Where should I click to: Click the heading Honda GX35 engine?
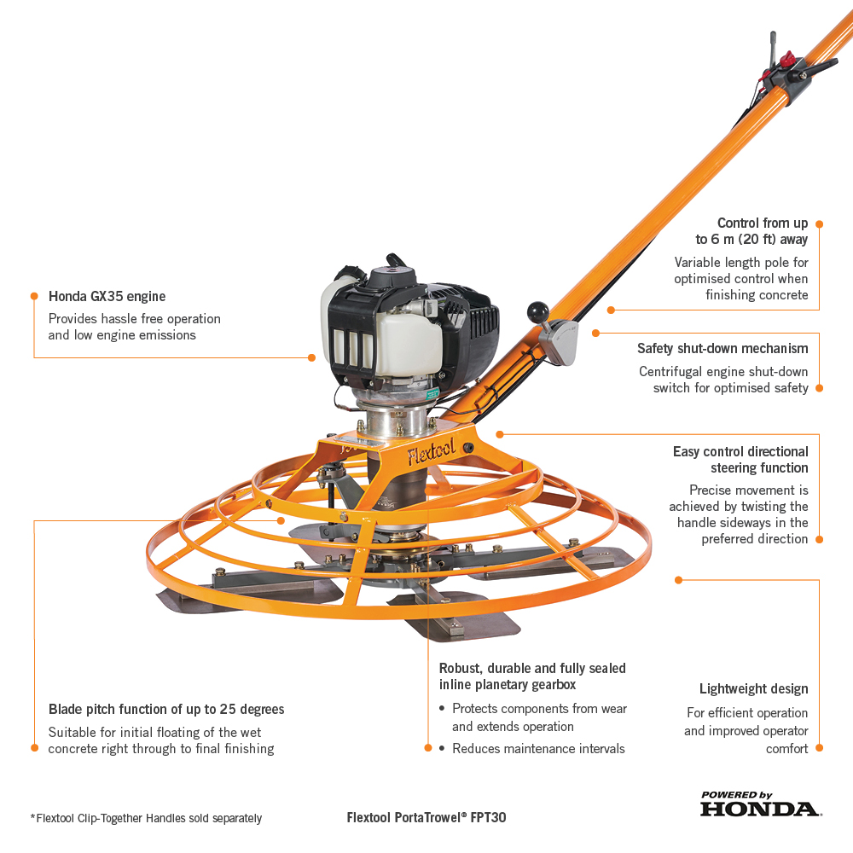click(x=107, y=297)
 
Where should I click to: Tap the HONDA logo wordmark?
click(x=761, y=809)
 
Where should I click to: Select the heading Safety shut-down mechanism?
click(x=722, y=348)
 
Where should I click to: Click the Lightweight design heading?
click(x=753, y=688)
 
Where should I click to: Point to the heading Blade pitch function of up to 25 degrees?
click(x=166, y=710)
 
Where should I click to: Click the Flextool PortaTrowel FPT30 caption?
click(x=426, y=817)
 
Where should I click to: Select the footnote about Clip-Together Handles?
click(x=147, y=818)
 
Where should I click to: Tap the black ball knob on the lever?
click(x=538, y=312)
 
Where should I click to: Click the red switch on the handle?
click(x=786, y=59)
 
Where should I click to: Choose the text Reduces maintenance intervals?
click(x=538, y=749)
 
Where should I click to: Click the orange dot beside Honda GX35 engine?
click(x=34, y=296)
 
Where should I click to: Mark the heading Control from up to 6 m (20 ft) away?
click(x=751, y=231)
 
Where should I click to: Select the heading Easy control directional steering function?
click(x=740, y=460)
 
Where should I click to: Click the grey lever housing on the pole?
click(x=558, y=342)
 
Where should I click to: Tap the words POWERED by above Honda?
click(x=737, y=795)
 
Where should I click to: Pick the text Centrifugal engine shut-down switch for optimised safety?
click(x=723, y=380)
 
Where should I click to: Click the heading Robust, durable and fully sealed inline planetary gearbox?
click(x=532, y=676)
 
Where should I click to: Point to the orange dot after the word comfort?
click(x=819, y=749)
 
